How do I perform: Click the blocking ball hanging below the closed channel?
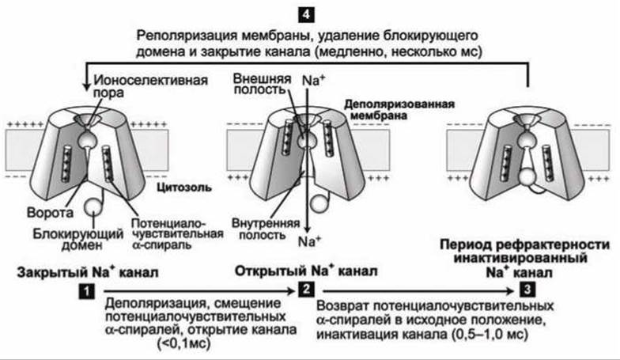click(95, 207)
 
